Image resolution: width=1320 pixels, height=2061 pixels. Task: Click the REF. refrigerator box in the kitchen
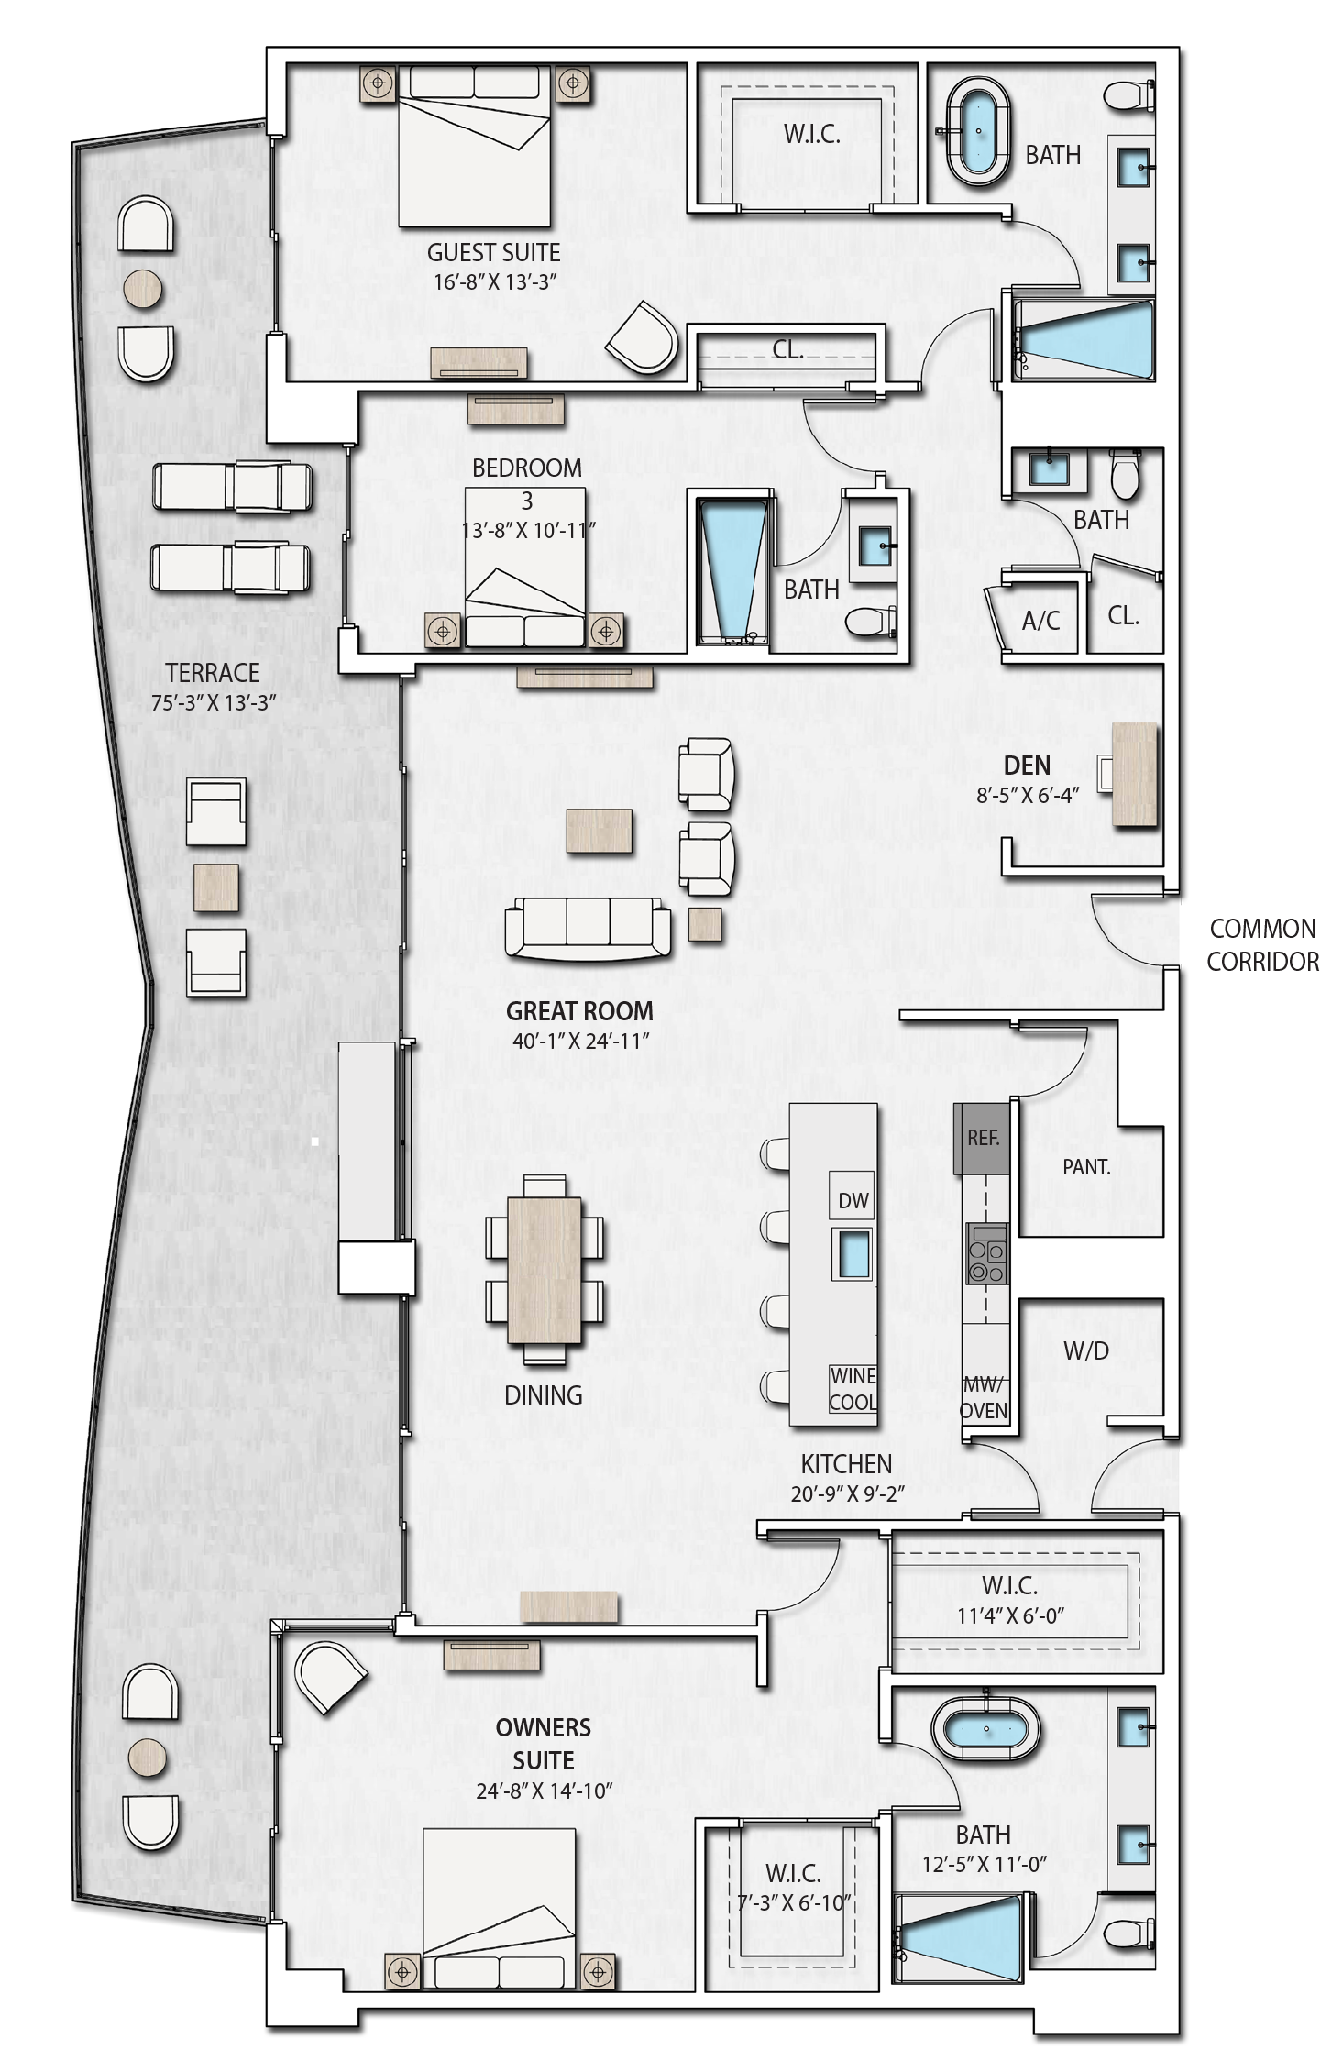[982, 1138]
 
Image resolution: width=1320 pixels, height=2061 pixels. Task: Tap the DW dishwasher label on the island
[852, 1201]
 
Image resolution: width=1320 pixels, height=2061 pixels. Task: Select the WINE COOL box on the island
[852, 1389]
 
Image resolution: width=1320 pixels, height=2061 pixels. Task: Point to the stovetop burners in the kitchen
[986, 1253]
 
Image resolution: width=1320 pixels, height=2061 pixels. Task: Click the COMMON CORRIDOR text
[1262, 945]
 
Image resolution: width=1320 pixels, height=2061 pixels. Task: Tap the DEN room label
[1027, 766]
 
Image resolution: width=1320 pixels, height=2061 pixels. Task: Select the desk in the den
[1134, 776]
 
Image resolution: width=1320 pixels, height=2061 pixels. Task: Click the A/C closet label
[1040, 621]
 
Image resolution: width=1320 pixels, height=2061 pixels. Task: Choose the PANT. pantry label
[1086, 1167]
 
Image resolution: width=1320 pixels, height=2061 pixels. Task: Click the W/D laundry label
[1086, 1350]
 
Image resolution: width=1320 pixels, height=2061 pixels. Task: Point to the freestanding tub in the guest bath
[980, 132]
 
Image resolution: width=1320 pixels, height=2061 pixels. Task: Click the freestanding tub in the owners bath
[986, 1729]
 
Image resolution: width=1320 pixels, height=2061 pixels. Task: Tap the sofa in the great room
[588, 929]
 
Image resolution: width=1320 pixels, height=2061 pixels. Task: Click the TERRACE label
[213, 672]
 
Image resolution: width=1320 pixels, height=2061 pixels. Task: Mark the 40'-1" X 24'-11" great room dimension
[580, 1041]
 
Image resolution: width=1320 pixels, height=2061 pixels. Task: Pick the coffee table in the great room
[599, 831]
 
